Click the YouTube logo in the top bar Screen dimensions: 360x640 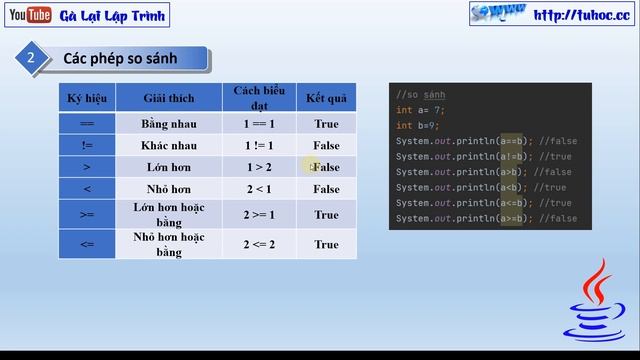pyautogui.click(x=28, y=14)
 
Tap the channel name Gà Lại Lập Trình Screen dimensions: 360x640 pyautogui.click(x=113, y=15)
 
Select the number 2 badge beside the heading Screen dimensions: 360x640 pyautogui.click(x=30, y=59)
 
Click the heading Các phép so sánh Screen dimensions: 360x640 pyautogui.click(x=120, y=59)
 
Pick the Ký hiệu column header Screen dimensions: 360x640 pyautogui.click(x=87, y=97)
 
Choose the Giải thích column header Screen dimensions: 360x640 pyautogui.click(x=168, y=97)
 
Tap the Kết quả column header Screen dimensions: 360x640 pyautogui.click(x=325, y=97)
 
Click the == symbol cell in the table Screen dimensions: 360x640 pyautogui.click(x=87, y=124)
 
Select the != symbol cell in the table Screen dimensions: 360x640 pyautogui.click(x=87, y=146)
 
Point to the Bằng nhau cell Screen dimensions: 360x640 pyautogui.click(x=168, y=124)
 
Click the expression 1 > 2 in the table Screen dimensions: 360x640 pyautogui.click(x=257, y=167)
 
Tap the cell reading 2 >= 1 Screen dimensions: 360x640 pyautogui.click(x=257, y=214)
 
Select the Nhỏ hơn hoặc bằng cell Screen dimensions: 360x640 pyautogui.click(x=168, y=244)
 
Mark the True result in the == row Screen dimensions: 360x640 pyautogui.click(x=326, y=124)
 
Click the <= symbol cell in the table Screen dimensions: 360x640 pyautogui.click(x=87, y=244)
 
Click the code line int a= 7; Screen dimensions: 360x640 pyautogui.click(x=419, y=110)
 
